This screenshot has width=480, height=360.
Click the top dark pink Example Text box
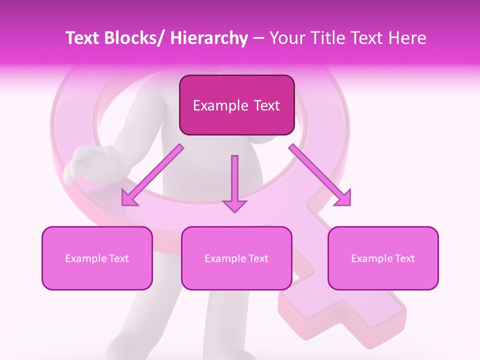pos(236,105)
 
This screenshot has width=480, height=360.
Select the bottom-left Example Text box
pos(97,258)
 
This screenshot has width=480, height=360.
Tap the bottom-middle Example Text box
pos(236,258)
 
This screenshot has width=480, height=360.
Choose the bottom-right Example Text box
pos(383,258)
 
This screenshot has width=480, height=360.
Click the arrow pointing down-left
pos(152,175)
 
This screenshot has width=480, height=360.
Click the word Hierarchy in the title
pos(208,38)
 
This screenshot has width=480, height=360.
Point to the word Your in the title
pos(287,38)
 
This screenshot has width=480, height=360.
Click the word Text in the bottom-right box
pos(404,258)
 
